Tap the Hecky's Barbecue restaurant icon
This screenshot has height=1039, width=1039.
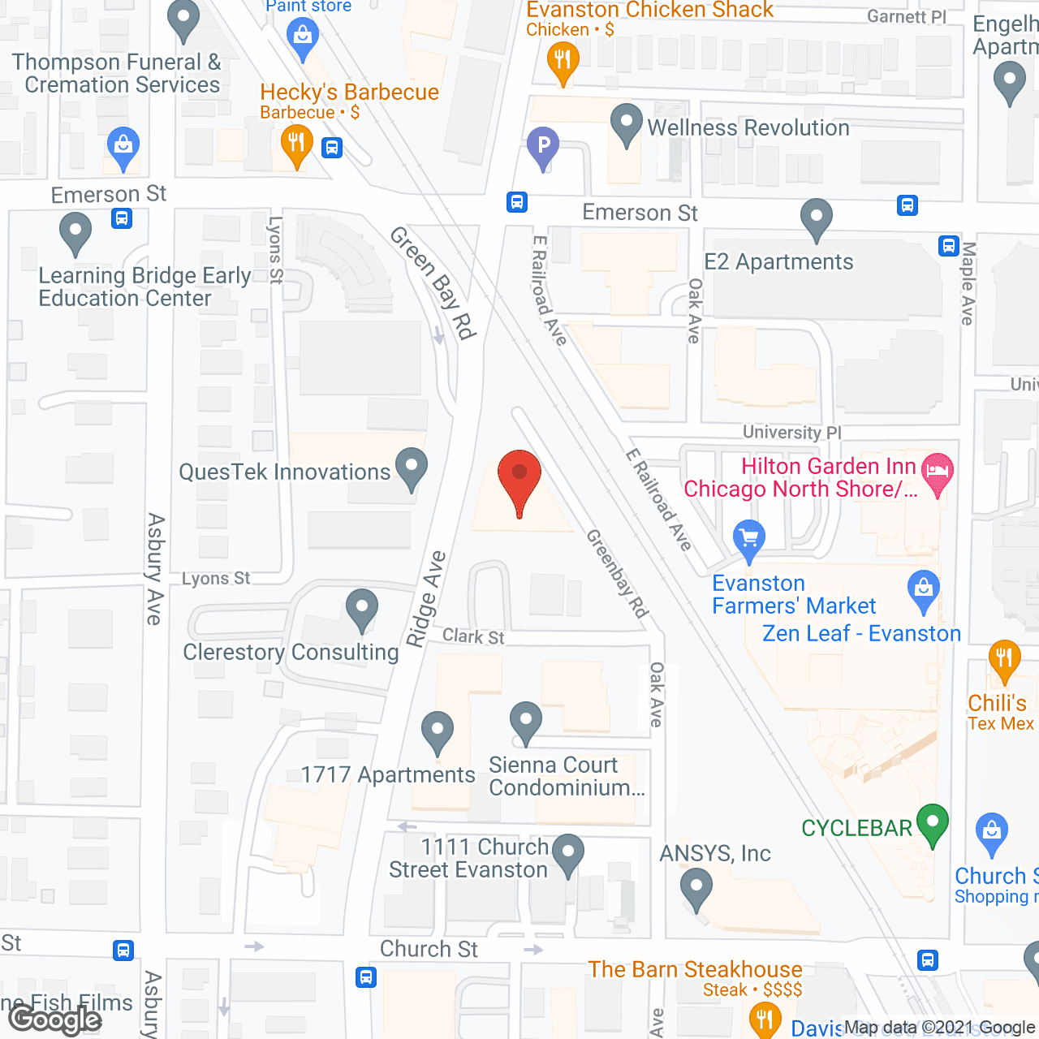click(296, 144)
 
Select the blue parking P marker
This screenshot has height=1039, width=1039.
click(543, 147)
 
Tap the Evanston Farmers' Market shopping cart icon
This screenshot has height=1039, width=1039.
click(748, 538)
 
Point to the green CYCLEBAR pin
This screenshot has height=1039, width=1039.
click(933, 822)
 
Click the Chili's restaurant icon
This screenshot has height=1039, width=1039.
click(1004, 657)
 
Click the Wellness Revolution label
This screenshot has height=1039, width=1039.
click(748, 127)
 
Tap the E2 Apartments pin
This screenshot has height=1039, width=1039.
click(817, 218)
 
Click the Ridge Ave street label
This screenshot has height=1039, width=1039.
click(427, 598)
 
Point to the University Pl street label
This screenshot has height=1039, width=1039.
click(791, 432)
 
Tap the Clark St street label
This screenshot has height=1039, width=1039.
click(473, 636)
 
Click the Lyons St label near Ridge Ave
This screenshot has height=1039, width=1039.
click(216, 578)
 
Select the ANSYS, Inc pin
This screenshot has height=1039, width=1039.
click(696, 887)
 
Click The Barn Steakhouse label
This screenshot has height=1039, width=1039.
click(695, 969)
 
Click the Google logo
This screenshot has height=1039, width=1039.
click(55, 1020)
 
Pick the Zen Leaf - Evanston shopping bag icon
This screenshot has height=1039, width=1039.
click(924, 590)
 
